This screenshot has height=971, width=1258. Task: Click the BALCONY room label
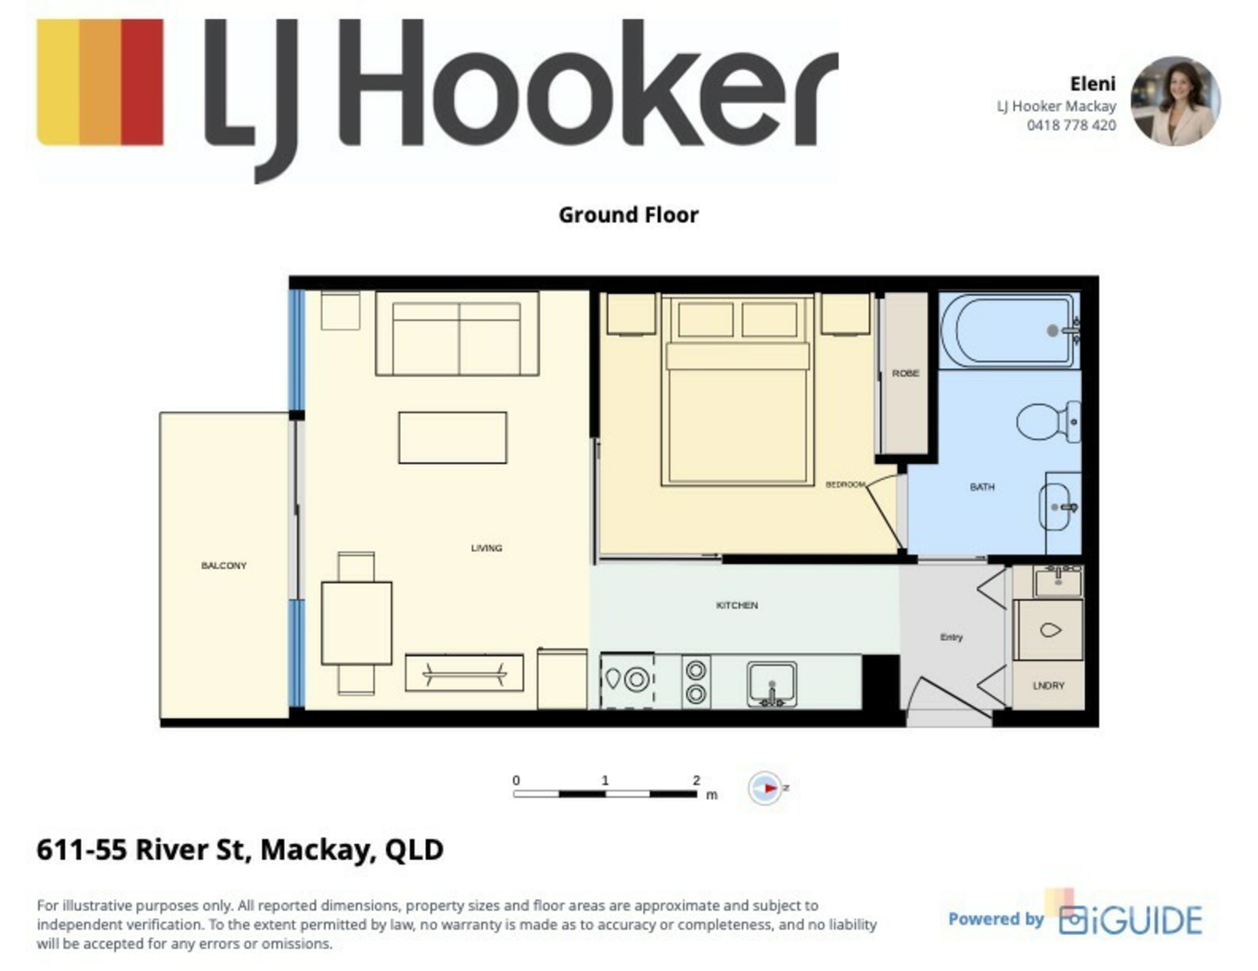[x=223, y=565]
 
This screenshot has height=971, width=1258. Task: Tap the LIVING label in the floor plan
[x=486, y=547]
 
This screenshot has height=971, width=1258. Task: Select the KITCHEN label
[x=736, y=605]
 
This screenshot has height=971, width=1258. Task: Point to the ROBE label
[x=905, y=373]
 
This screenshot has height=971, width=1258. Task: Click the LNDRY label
[x=1048, y=686]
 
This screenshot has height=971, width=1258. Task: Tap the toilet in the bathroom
[x=1048, y=421]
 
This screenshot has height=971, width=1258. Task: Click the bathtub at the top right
[x=1010, y=330]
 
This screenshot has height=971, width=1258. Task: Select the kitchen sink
[x=772, y=684]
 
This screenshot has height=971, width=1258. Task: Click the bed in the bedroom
[x=737, y=390]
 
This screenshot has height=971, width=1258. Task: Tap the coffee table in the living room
[x=452, y=437]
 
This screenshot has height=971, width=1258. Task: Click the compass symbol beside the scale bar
[x=765, y=788]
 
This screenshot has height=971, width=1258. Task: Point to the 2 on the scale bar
[x=696, y=780]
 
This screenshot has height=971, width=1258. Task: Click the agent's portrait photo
[x=1175, y=100]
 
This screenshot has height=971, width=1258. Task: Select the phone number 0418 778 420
[x=1071, y=125]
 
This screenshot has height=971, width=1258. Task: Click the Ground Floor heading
[x=628, y=215]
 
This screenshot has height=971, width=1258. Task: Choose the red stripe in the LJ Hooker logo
[x=142, y=82]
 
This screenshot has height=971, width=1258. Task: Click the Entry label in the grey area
[x=951, y=637]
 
